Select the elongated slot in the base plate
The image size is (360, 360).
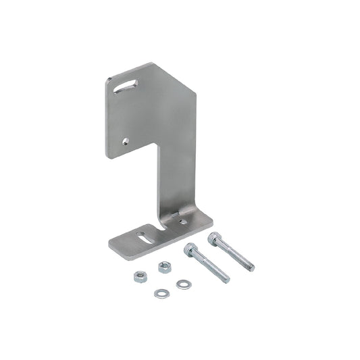click(x=145, y=236)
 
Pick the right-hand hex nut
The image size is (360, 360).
click(x=163, y=267)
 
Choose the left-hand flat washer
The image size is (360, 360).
click(x=160, y=292)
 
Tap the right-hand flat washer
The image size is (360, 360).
click(x=182, y=284)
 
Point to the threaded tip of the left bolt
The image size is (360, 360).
click(x=226, y=279)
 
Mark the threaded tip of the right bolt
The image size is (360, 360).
click(x=251, y=268)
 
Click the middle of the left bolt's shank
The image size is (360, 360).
click(x=209, y=265)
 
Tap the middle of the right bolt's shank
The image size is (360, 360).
click(x=234, y=254)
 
